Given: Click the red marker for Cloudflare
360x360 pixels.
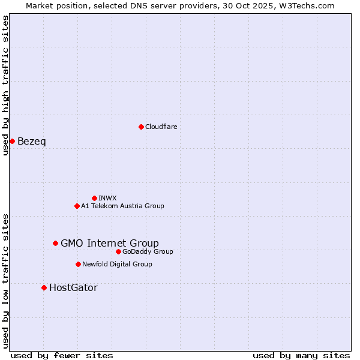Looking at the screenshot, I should click(x=141, y=127).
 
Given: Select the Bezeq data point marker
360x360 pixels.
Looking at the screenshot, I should click(x=12, y=141).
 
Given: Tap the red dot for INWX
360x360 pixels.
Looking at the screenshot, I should click(x=94, y=198).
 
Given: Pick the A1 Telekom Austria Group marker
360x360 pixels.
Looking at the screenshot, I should click(x=77, y=206).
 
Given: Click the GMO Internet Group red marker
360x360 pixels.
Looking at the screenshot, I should click(x=55, y=243).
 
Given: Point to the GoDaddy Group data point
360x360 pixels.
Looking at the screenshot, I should click(x=118, y=251).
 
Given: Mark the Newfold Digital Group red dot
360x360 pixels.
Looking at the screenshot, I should click(x=78, y=264).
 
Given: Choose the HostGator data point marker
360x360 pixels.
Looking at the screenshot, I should click(x=44, y=287).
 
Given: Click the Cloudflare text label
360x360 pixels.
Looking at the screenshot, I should click(x=161, y=127).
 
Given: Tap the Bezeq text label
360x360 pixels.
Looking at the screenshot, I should click(x=32, y=142).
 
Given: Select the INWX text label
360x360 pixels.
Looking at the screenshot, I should click(x=107, y=198).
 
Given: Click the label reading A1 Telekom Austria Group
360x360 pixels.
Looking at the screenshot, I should click(x=122, y=206).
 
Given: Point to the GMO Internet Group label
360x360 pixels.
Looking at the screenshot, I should click(x=110, y=243).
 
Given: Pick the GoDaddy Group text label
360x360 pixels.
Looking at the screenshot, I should click(x=148, y=251).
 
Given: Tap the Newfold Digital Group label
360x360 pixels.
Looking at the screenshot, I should click(x=117, y=264).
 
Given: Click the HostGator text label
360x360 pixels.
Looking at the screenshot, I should click(x=73, y=288).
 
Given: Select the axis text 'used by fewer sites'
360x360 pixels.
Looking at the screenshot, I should click(x=62, y=355).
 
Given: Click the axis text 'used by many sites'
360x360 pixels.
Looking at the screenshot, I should click(x=301, y=355).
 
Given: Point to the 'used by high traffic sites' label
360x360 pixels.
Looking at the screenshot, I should click(x=5, y=85).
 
